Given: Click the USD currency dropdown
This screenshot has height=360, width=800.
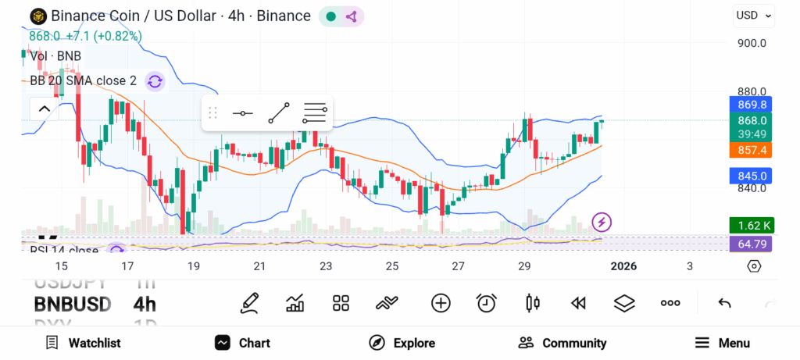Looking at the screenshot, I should pos(753,15).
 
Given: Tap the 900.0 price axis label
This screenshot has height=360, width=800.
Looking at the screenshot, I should pos(752,43).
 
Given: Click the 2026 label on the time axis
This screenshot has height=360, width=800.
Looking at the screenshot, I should pos(623,266).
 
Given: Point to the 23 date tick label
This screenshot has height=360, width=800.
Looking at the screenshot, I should pos(326,266).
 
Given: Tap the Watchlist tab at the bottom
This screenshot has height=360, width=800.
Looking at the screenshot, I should pos(83,343).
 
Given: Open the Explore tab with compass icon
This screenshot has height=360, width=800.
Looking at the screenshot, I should pos(402,343).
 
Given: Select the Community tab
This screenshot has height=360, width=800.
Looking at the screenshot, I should pos(562,343).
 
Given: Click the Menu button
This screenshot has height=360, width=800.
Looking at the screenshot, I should pos(723,343).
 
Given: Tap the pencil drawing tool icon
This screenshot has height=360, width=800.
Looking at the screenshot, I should pos(250,303).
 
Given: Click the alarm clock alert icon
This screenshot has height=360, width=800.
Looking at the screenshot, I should pos(487,303).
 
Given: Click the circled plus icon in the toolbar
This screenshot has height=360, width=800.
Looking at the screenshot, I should pos(441,303).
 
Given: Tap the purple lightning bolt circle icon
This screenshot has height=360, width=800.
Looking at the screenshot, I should pos(602,222).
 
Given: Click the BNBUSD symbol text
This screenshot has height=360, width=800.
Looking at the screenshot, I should pos(72,304).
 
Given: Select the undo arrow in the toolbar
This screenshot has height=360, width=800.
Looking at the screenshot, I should pos(724,303).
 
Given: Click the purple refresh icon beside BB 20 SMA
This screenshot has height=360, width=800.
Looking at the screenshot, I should pos(155,81).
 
